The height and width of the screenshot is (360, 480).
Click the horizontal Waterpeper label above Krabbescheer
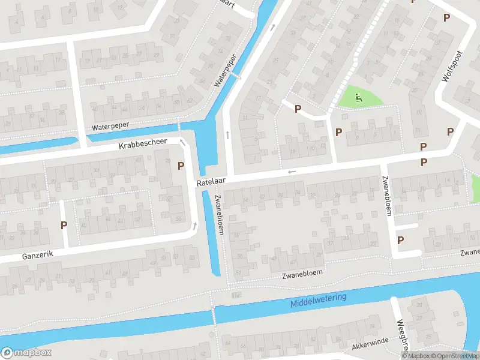tap(111, 127)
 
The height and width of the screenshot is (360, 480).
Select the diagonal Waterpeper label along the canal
tap(226, 70)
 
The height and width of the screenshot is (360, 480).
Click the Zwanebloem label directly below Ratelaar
tap(218, 214)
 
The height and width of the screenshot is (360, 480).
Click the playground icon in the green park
tap(359, 98)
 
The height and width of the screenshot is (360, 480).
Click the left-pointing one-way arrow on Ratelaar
tap(292, 172)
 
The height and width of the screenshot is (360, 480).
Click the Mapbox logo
tap(26, 353)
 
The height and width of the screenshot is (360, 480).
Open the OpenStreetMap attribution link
tap(454, 356)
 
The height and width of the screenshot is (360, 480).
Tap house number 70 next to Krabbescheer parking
tap(166, 161)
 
